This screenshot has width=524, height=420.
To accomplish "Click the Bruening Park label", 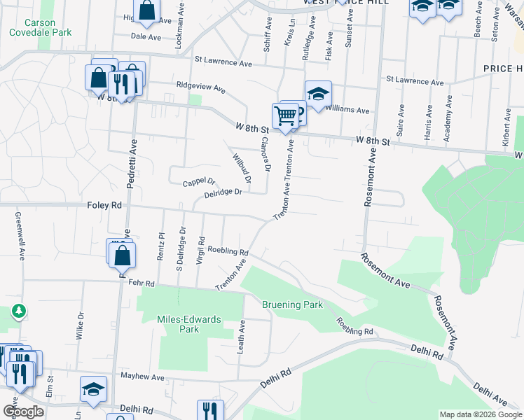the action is tap(292, 304).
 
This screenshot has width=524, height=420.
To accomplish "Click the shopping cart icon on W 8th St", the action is tap(285, 116).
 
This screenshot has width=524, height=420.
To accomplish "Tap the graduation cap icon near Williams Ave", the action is tap(317, 94).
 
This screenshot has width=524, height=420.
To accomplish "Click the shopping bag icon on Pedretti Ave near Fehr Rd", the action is tap(123, 257).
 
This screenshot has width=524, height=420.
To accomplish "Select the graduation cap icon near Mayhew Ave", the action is tap(93, 389).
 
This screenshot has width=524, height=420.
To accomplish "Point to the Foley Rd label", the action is tap(104, 205).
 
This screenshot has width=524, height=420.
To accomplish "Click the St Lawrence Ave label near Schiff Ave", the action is tap(223, 62).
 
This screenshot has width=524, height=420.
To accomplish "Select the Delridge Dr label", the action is tap(223, 192).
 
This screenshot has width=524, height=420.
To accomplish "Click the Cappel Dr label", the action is tap(198, 182).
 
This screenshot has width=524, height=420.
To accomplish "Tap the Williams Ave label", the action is tap(347, 110).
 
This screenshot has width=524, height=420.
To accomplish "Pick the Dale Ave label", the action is tap(146, 36).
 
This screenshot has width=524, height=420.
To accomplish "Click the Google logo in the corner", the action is tap(23, 411).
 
